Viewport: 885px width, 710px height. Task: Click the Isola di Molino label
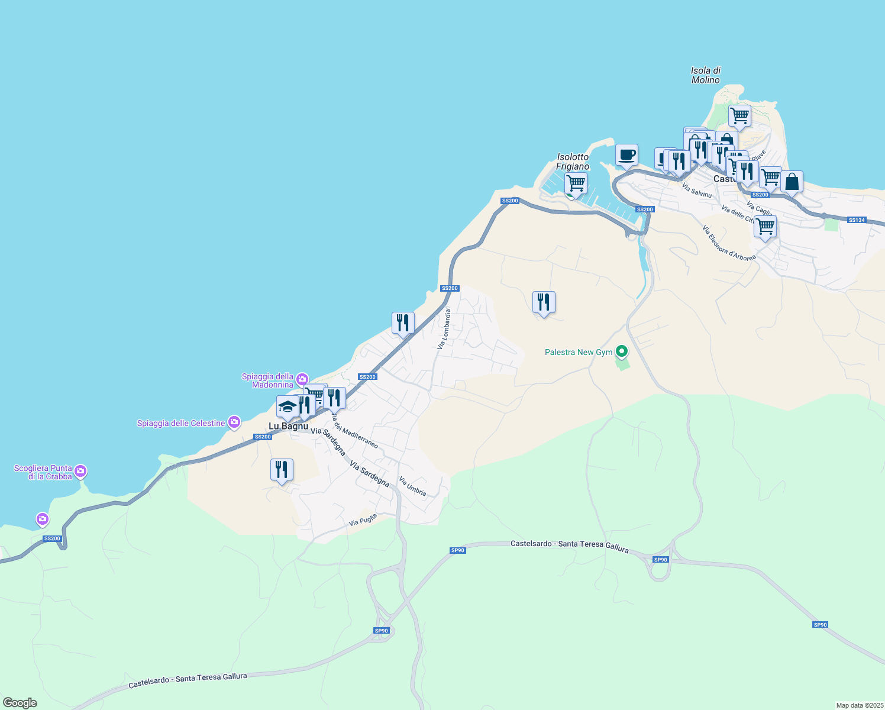point(705,75)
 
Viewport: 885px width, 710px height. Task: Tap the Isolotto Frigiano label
point(573,162)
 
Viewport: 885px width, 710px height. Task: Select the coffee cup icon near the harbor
point(626,155)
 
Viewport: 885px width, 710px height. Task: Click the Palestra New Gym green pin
point(621,352)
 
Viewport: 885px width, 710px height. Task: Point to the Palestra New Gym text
point(578,352)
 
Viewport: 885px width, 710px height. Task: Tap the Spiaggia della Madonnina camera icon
point(302,379)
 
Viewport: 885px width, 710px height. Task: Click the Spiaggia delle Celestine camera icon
point(234,422)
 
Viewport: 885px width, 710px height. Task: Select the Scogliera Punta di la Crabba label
point(43,472)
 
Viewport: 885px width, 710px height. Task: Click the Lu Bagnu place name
point(288,426)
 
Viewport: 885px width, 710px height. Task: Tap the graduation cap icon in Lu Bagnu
point(288,406)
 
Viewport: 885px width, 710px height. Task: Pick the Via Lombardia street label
point(444,329)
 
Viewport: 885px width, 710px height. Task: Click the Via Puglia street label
point(363,521)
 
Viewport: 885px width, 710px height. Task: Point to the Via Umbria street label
point(412,486)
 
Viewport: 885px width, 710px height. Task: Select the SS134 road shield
point(856,220)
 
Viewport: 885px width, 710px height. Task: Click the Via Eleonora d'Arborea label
point(729,243)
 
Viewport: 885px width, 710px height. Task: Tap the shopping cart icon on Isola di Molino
point(739,116)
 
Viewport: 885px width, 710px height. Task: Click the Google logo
point(20,703)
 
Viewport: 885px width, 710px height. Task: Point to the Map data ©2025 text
point(859,705)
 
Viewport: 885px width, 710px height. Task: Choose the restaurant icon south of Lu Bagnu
point(282,470)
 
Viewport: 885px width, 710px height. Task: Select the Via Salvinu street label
point(697,190)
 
